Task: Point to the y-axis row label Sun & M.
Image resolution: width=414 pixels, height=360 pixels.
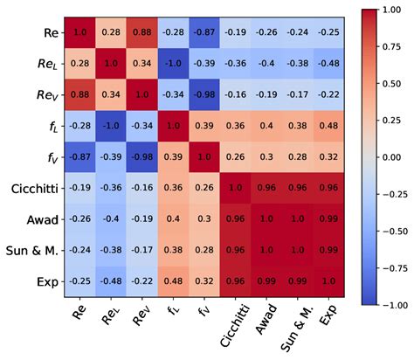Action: click(35, 250)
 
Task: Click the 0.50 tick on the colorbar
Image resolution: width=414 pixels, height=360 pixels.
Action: click(377, 82)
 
